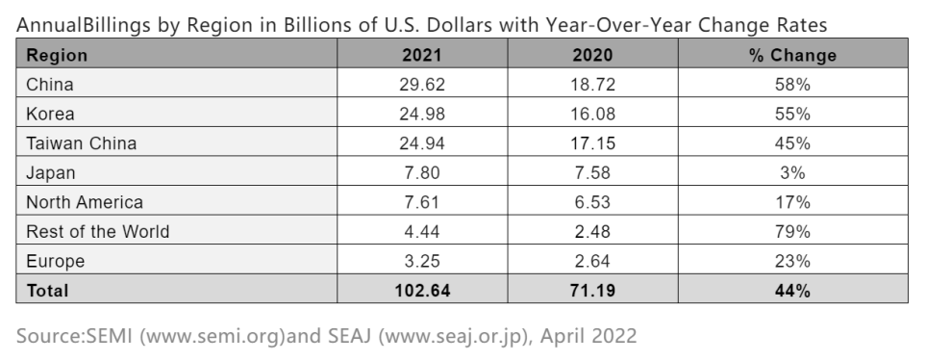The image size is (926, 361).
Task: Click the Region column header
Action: [x=57, y=55]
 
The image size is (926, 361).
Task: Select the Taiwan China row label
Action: [x=81, y=143]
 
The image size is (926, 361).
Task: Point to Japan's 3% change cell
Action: [x=792, y=172]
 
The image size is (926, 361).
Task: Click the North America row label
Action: [x=85, y=202]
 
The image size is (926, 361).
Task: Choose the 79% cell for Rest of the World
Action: [x=792, y=231]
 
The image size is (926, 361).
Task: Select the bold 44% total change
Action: [x=792, y=289]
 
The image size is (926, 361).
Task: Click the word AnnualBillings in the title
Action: [x=75, y=24]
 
